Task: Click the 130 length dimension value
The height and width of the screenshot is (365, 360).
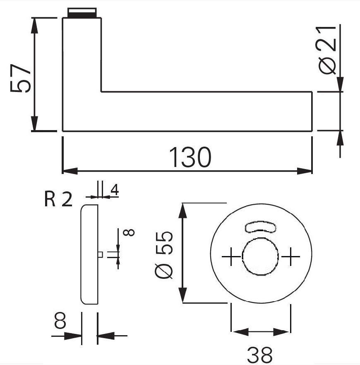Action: (x=190, y=157)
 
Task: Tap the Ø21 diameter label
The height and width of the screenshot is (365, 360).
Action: (x=326, y=50)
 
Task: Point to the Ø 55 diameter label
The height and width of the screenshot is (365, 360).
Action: (x=164, y=255)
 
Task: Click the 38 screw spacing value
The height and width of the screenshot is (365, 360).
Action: (x=259, y=355)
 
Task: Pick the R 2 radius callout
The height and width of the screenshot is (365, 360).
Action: (x=58, y=199)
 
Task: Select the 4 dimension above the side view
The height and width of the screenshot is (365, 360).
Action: (x=115, y=190)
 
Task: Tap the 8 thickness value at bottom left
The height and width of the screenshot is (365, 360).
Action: (x=60, y=321)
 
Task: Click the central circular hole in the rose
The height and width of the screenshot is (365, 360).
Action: (x=260, y=256)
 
